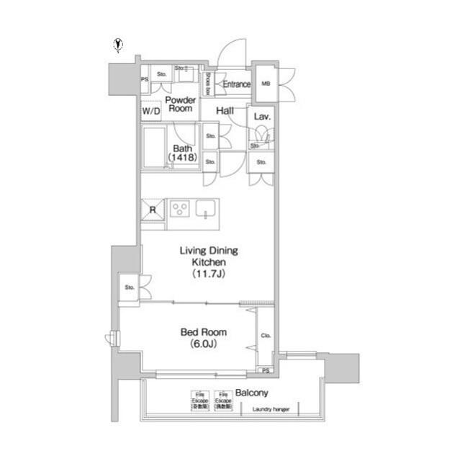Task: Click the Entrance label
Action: point(236,84)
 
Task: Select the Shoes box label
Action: point(207,84)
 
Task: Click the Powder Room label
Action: point(179,104)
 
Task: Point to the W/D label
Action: point(150,112)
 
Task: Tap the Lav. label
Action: point(261,116)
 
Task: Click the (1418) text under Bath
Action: point(182,156)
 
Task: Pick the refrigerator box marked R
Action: point(153,210)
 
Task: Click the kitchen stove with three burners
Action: point(179,209)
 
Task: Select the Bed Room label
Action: point(202,333)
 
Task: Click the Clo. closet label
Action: point(265,335)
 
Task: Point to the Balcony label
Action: point(251,393)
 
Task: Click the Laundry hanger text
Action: point(270,410)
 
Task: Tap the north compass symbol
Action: point(118,45)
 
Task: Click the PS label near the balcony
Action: point(266,370)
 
